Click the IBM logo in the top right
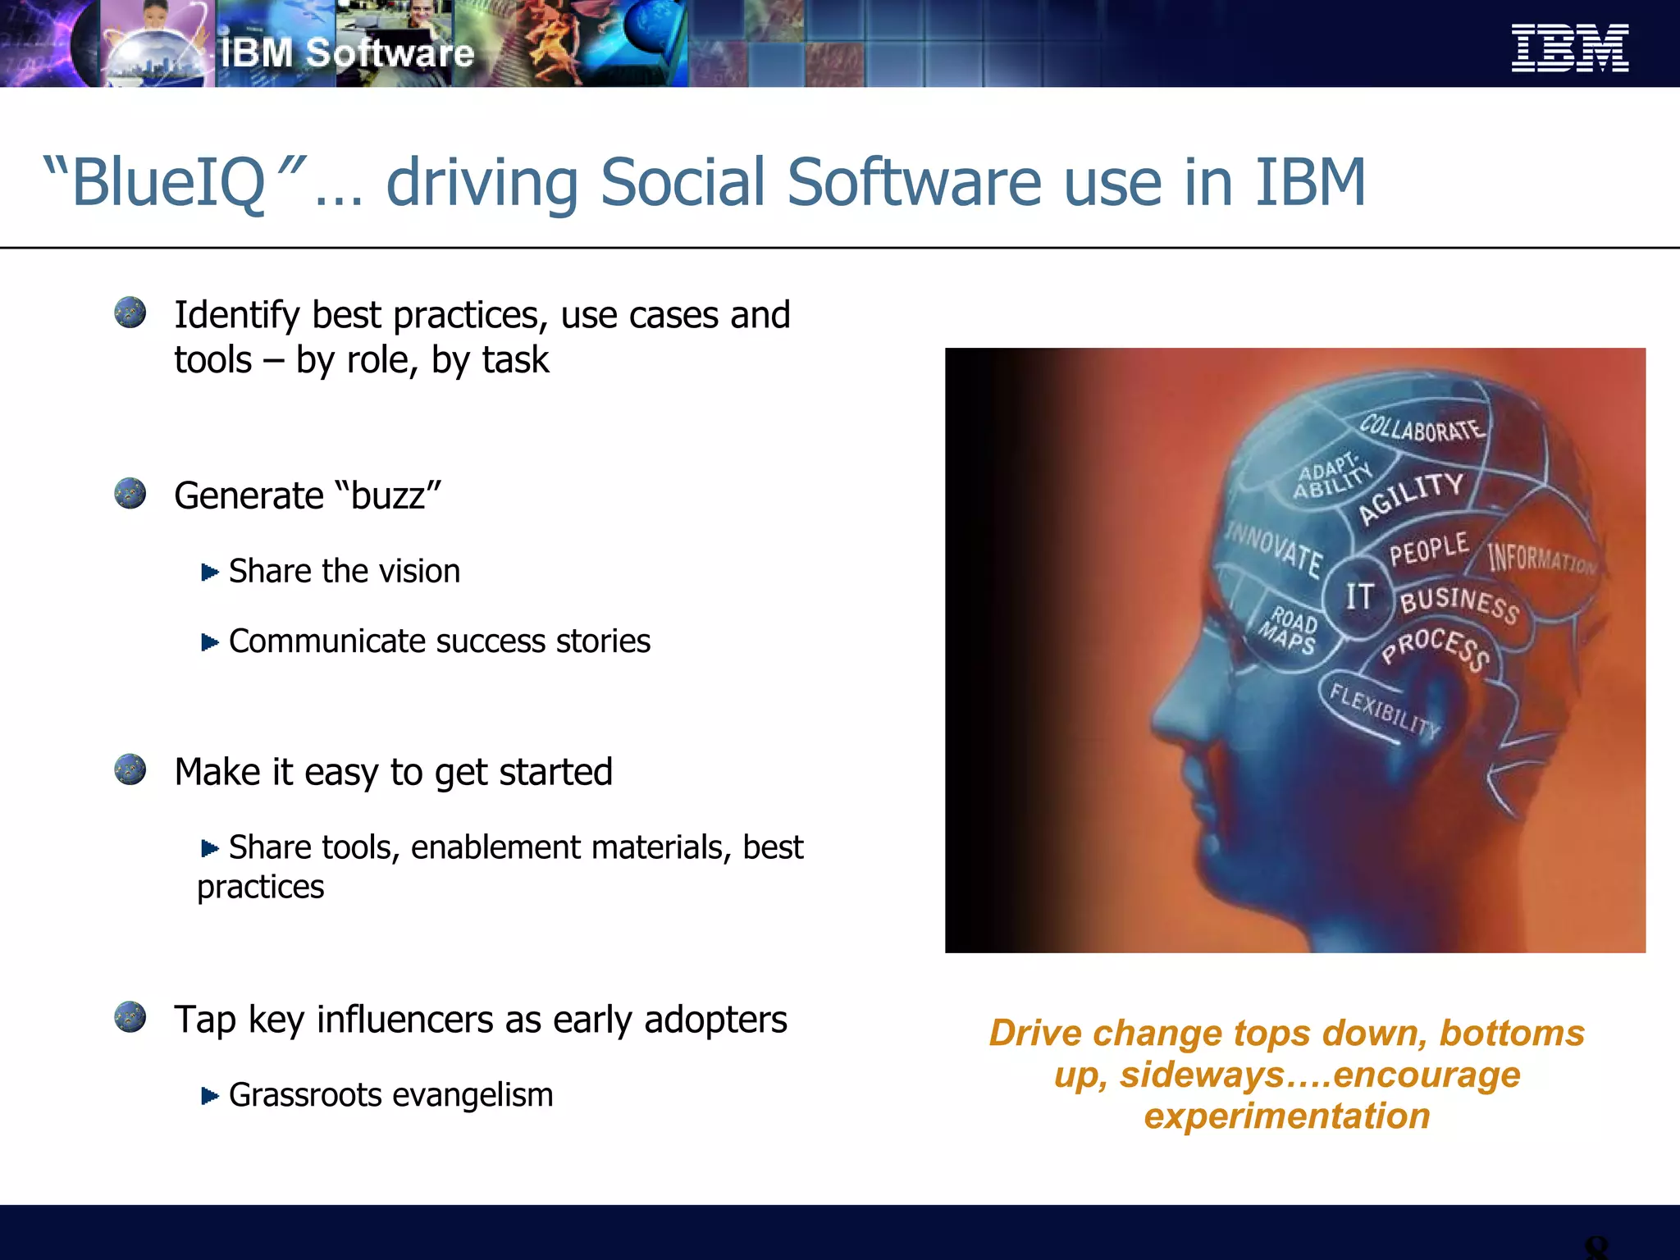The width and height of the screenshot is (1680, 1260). click(1569, 48)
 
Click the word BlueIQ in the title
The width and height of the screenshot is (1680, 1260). click(168, 183)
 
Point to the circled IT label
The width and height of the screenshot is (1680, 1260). click(1359, 596)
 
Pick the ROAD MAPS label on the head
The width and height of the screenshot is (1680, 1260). click(1290, 630)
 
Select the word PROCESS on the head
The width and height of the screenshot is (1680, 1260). click(1436, 648)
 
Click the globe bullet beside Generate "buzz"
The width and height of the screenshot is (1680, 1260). click(130, 494)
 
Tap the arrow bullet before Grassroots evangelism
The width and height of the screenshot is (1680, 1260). click(210, 1095)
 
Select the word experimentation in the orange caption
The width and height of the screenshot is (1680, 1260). click(1286, 1116)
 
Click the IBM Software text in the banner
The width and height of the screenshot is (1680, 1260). click(347, 53)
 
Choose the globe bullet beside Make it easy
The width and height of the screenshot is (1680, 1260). click(130, 769)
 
